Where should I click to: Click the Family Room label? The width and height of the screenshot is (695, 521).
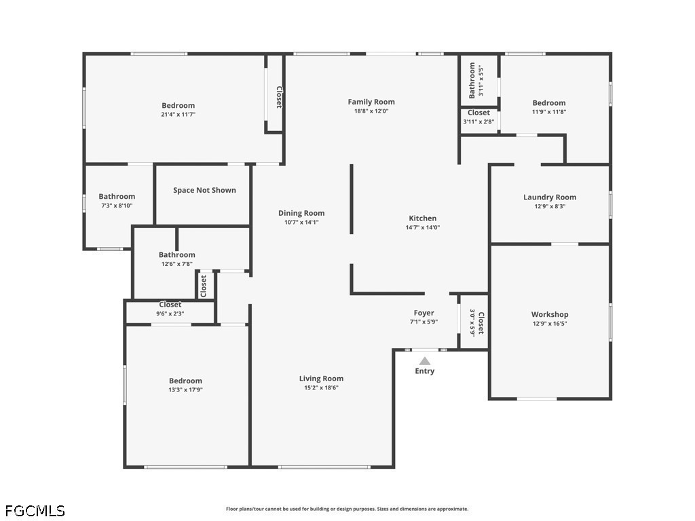(x=371, y=102)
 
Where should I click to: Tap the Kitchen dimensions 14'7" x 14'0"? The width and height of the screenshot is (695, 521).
(x=422, y=227)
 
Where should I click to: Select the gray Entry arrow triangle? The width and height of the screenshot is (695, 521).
(x=425, y=361)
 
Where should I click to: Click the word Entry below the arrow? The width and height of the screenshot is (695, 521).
(x=425, y=371)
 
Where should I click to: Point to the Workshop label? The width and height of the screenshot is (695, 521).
(x=550, y=314)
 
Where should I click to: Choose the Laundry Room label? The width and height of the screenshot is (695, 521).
(x=550, y=197)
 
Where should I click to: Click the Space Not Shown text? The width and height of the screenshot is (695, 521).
(x=204, y=190)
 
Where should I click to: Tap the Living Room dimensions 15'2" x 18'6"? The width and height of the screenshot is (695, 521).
(x=321, y=387)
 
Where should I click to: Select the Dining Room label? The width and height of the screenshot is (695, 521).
(x=301, y=213)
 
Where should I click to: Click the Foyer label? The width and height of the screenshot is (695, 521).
(x=424, y=313)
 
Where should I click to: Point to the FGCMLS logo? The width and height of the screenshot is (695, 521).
(x=35, y=511)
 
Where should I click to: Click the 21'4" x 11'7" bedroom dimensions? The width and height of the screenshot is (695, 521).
(x=179, y=114)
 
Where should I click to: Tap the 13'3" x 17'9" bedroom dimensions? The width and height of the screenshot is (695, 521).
(x=185, y=390)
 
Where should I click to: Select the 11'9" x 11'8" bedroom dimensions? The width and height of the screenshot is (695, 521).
(x=548, y=112)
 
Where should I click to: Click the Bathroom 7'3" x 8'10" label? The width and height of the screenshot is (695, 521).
(x=117, y=200)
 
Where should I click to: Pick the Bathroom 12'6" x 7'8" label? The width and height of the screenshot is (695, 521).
(x=177, y=258)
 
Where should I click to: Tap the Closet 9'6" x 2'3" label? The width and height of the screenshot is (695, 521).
(x=170, y=309)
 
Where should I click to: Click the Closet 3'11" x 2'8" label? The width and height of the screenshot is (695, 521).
(x=478, y=117)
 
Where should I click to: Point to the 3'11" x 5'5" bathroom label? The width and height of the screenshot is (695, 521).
(x=476, y=81)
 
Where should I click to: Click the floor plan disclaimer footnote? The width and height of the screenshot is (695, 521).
(x=347, y=509)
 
